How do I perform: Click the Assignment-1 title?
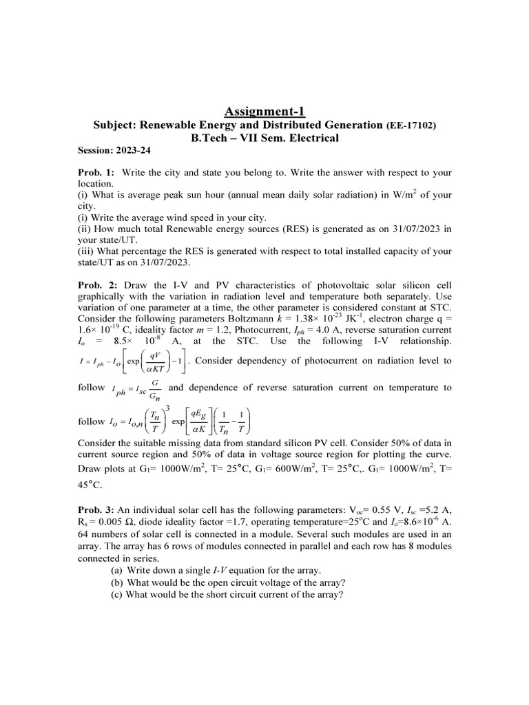pyautogui.click(x=264, y=111)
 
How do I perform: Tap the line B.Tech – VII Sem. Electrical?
pyautogui.click(x=264, y=138)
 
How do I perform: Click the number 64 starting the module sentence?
pyautogui.click(x=83, y=534)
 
